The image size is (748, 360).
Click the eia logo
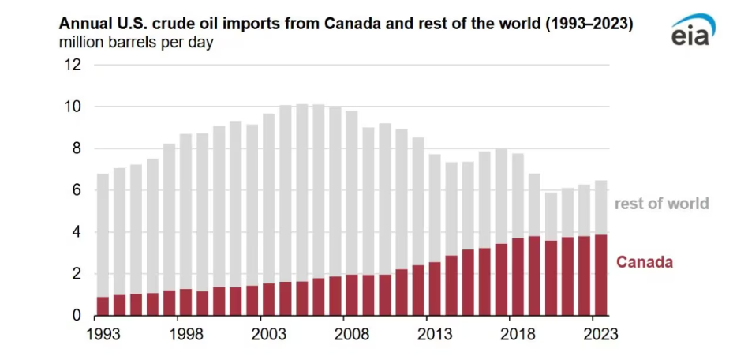pos(694,32)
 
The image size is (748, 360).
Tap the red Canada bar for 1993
pos(103,306)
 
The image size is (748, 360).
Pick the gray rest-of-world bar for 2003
pos(269,198)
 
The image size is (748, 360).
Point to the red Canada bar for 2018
pos(518,276)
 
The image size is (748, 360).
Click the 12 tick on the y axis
pos(73,65)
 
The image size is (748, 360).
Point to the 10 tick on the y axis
pos(73,107)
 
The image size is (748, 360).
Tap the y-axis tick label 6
pos(77,190)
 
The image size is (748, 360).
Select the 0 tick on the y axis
pos(77,316)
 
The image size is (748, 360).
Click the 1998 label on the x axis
pos(186,333)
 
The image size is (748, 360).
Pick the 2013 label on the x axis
pos(435,333)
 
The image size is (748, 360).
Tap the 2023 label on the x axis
pos(600,333)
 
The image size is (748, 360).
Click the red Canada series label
pos(645,261)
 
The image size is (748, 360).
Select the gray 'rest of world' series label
pos(662,204)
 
